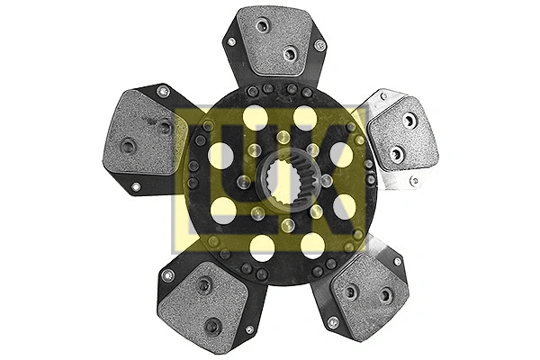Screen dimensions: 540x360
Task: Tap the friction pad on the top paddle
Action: (x=274, y=40)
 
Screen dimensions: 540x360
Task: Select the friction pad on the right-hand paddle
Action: (x=403, y=134)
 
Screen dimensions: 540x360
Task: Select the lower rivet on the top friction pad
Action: (x=289, y=54)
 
